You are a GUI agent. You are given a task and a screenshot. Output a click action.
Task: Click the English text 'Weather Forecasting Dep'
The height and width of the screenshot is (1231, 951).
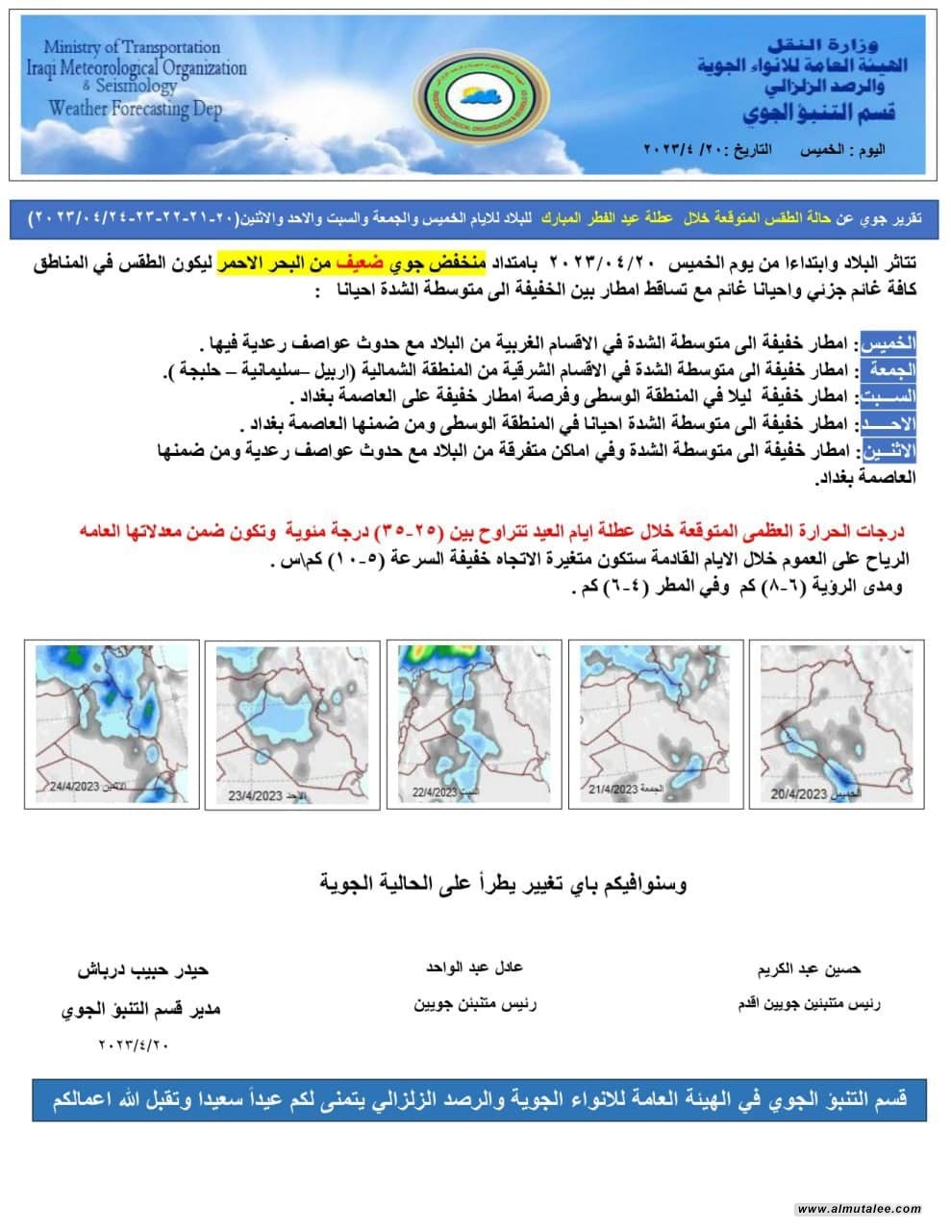tap(136, 108)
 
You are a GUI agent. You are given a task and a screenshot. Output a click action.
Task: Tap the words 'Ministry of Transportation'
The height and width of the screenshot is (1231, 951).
tap(132, 47)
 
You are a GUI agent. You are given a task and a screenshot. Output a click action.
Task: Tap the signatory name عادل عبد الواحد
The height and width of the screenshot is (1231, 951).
tap(474, 967)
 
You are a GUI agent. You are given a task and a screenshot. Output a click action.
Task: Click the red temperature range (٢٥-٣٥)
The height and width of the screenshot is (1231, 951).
tap(405, 530)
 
